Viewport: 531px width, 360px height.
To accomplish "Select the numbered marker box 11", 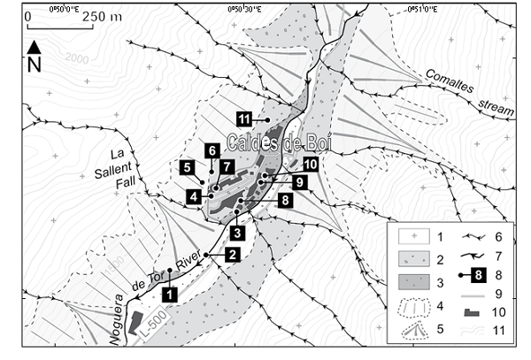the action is (x=245, y=118).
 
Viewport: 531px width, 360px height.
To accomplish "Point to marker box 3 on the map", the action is (x=237, y=233).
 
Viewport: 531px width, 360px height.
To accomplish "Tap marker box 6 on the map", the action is (x=212, y=149).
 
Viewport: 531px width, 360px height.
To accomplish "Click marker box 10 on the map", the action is (x=309, y=164).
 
